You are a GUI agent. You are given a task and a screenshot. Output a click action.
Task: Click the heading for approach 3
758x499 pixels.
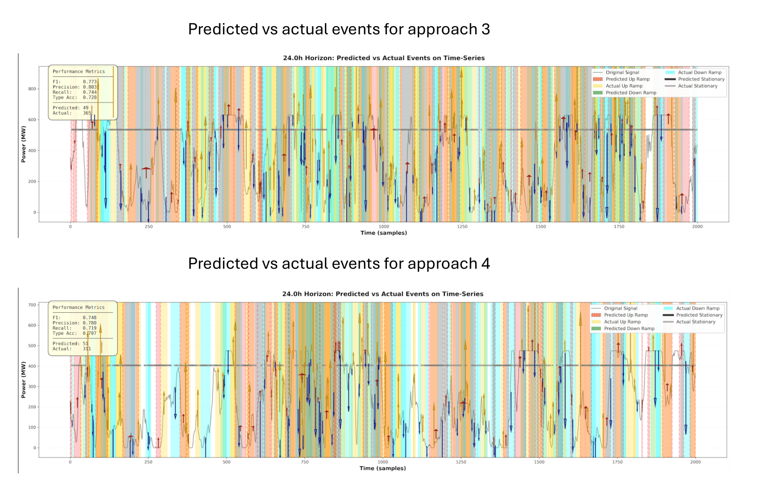click(x=339, y=29)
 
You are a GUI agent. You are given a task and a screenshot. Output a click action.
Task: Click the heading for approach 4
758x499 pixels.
click(x=339, y=264)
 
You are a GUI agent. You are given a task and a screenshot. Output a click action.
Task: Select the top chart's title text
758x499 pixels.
click(x=383, y=58)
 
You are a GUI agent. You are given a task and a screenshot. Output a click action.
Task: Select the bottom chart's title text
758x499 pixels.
click(x=382, y=294)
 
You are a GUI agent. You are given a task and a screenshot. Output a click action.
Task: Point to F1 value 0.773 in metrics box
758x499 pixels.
click(x=90, y=82)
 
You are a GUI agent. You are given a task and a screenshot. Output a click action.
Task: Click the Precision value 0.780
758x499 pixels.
click(x=90, y=323)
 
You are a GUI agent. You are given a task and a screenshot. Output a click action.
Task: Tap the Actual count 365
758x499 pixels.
click(x=87, y=113)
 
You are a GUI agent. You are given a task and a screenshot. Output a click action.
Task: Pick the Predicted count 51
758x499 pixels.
click(x=85, y=344)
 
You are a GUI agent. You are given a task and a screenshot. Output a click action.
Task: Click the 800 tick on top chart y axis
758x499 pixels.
click(x=32, y=89)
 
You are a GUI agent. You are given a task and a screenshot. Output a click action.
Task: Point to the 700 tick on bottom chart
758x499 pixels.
click(x=32, y=305)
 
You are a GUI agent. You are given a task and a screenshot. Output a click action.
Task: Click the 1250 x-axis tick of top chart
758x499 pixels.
click(x=462, y=226)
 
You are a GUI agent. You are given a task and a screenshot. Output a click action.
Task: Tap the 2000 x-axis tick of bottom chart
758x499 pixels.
click(x=695, y=462)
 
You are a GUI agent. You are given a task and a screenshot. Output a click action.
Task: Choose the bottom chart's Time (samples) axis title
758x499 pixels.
click(x=382, y=468)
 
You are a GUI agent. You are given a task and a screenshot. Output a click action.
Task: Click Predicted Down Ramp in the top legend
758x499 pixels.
click(x=630, y=93)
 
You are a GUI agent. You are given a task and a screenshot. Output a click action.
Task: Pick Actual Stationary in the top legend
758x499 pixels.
click(x=698, y=86)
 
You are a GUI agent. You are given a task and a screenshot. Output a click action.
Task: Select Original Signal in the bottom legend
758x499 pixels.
click(x=620, y=308)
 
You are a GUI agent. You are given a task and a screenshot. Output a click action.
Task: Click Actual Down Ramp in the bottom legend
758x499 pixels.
click(x=698, y=308)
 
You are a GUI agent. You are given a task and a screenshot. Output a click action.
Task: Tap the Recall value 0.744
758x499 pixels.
click(x=90, y=92)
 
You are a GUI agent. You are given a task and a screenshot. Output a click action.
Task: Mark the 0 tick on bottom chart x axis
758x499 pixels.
click(x=70, y=462)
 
